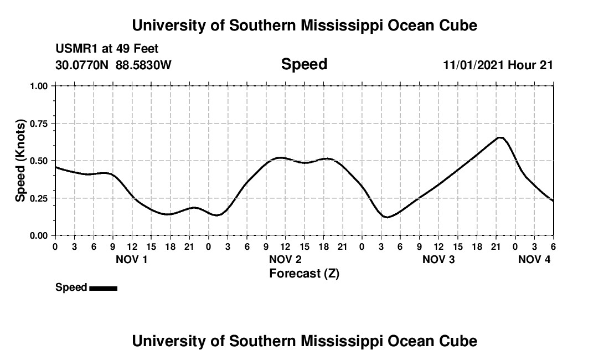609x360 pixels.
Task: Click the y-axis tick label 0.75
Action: point(39,124)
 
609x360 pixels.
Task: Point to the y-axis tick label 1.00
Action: point(39,86)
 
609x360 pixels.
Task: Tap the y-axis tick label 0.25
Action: point(39,198)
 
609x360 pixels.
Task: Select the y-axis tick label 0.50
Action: point(39,161)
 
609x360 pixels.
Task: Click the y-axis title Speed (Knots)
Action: point(20,161)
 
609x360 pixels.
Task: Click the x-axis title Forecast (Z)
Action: point(304,273)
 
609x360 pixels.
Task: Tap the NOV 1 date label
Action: point(131,259)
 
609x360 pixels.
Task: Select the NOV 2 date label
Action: point(285,259)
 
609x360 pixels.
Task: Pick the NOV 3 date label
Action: point(438,259)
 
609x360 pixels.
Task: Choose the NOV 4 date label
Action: point(534,259)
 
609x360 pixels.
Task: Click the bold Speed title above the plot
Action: point(304,64)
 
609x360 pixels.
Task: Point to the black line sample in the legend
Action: point(103,288)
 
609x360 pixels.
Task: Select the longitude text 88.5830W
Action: point(143,65)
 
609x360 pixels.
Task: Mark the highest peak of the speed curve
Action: point(500,137)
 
